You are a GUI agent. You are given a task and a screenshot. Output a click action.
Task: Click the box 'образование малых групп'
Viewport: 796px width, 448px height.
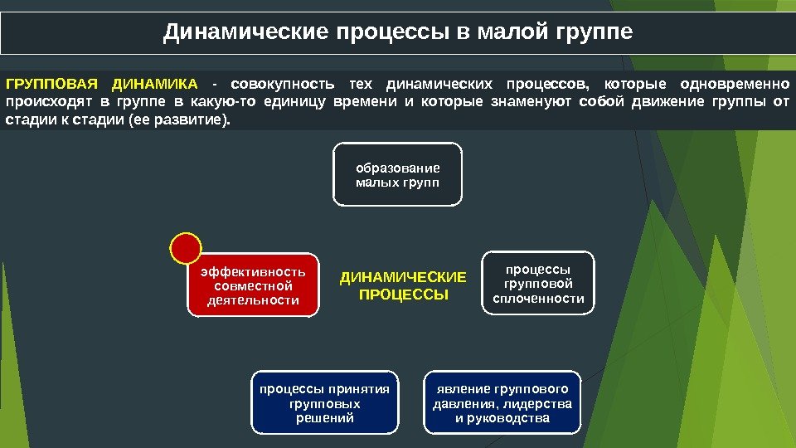(x=398, y=174)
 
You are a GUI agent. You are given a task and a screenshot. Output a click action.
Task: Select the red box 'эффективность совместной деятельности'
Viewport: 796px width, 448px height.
(x=253, y=285)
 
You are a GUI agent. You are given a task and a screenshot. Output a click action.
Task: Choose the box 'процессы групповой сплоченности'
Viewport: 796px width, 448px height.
(x=538, y=283)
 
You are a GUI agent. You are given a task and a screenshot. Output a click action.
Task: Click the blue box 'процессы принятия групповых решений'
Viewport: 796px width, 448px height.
(x=324, y=403)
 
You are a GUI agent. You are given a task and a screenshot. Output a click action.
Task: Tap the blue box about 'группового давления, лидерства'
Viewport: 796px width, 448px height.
(x=502, y=403)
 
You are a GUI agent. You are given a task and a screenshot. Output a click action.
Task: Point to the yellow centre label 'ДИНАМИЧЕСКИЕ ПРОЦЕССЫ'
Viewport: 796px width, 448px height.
(x=404, y=285)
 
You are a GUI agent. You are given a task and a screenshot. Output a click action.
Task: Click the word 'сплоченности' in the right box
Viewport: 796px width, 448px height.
(x=538, y=299)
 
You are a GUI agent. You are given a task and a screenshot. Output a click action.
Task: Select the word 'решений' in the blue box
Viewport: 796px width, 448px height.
(x=324, y=418)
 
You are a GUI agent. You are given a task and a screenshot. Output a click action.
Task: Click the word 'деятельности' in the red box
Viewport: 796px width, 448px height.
(x=253, y=300)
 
